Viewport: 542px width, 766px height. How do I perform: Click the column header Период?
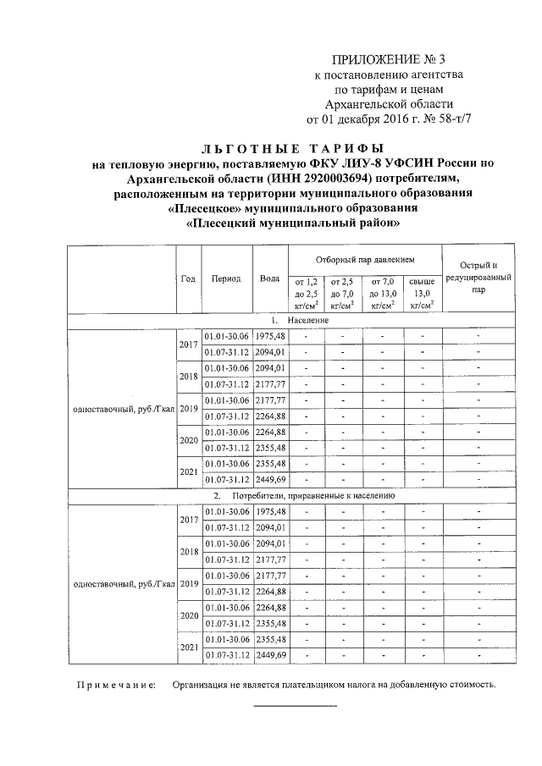click(x=226, y=278)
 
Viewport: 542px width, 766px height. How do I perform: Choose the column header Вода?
click(x=270, y=278)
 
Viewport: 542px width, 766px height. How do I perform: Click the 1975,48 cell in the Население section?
click(x=271, y=337)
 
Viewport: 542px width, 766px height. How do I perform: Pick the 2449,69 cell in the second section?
click(x=271, y=655)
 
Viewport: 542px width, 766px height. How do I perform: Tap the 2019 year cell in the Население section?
click(x=188, y=409)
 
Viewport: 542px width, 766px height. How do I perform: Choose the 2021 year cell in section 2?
click(x=188, y=648)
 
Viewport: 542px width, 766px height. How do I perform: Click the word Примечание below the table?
click(x=113, y=686)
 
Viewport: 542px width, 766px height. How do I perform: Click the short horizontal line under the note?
click(x=295, y=706)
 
